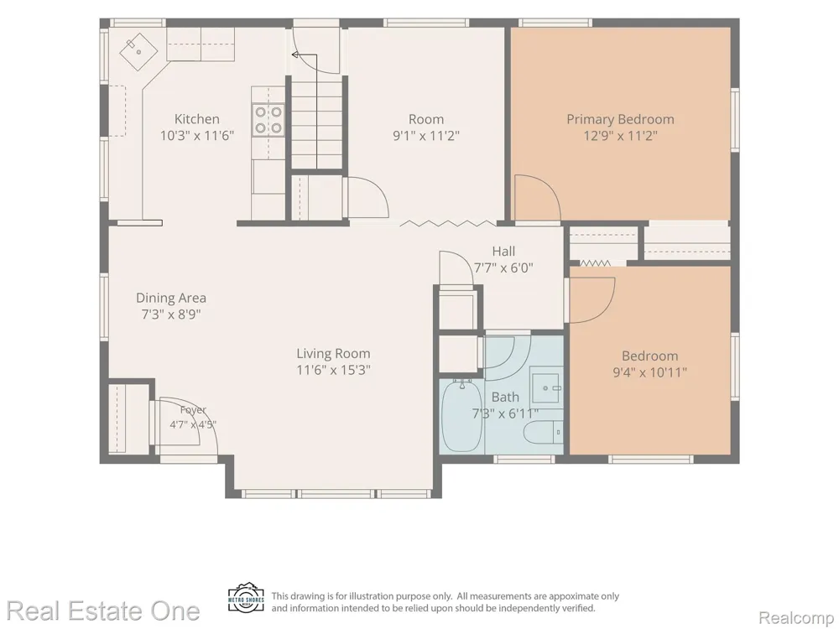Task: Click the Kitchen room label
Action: coord(197,119)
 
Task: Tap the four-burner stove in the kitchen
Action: coord(268,120)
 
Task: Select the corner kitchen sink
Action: coord(138,51)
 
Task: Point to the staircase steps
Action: coord(317,124)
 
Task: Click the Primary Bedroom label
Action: coord(620,119)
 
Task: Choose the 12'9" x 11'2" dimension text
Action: coord(620,135)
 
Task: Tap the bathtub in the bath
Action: coord(461,416)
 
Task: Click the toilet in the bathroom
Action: coord(543,432)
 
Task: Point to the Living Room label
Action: coord(333,353)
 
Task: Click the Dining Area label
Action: coord(170,298)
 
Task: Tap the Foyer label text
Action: coord(193,410)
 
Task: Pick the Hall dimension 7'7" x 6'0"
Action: coord(503,268)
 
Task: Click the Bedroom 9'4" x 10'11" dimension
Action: coord(649,372)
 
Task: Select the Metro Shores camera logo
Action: coord(246,598)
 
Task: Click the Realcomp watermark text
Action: coord(796,618)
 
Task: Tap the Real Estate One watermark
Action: coord(103,611)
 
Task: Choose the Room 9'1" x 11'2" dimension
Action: coord(426,135)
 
